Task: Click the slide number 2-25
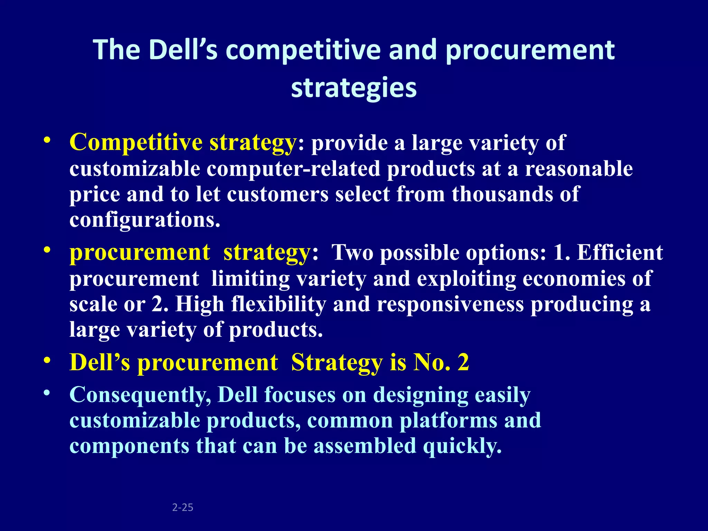(x=183, y=507)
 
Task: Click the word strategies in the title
(x=354, y=88)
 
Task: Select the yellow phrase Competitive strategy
(x=183, y=142)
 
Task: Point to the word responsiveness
(x=450, y=304)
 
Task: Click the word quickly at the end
(x=462, y=446)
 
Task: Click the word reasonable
(x=579, y=169)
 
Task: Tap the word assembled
(x=365, y=446)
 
